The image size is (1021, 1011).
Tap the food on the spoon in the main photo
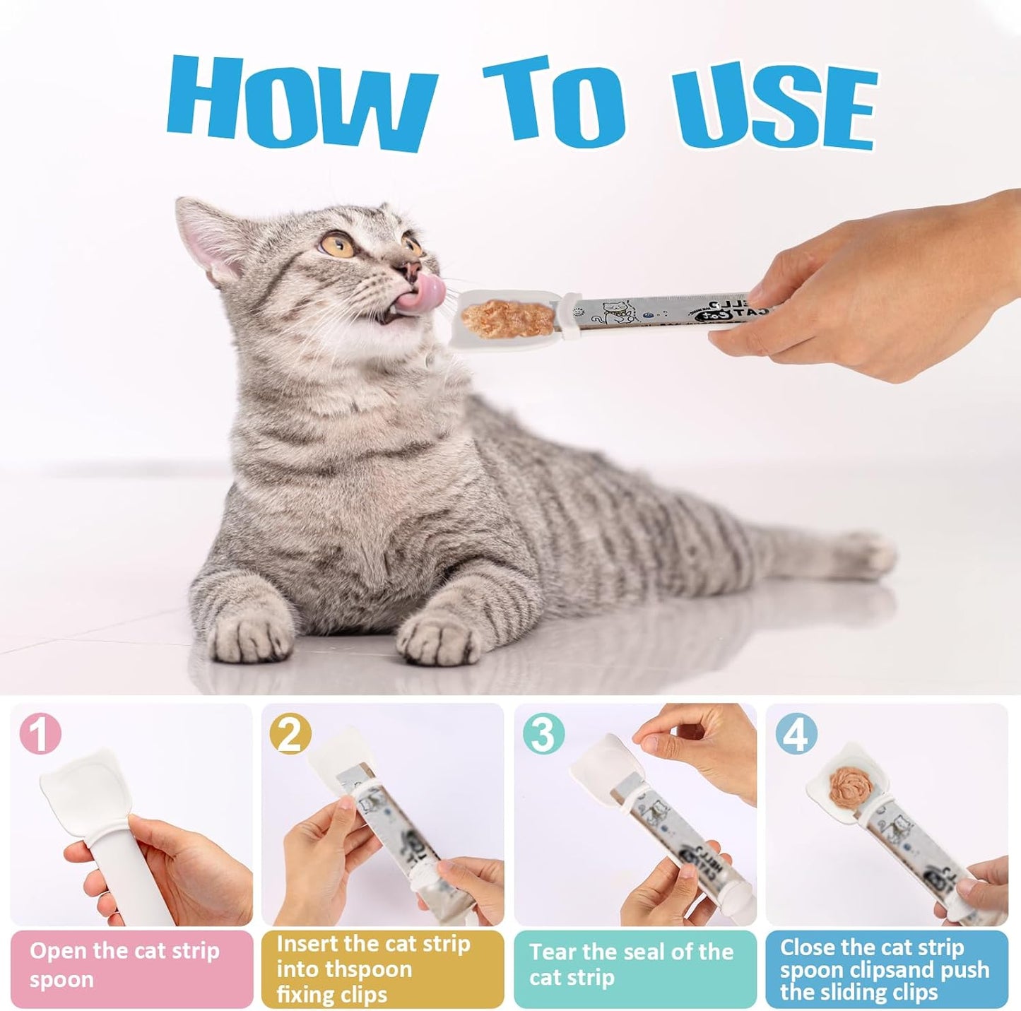499,317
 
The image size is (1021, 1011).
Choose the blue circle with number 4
796,735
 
